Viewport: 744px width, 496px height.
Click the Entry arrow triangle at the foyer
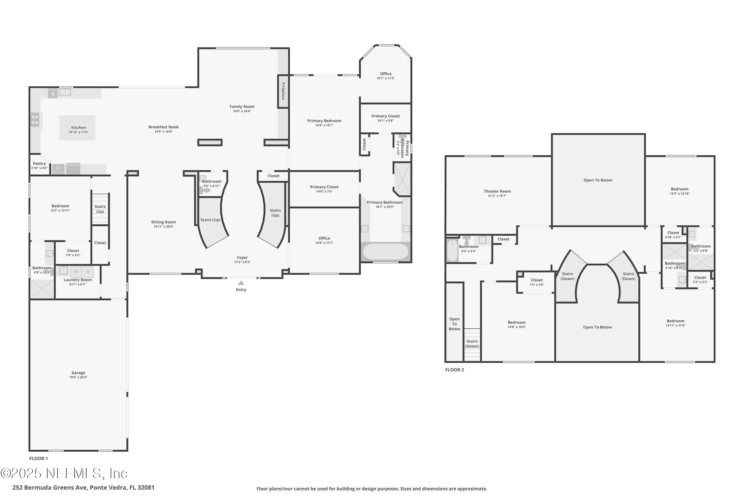241,283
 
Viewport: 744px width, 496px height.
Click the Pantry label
39,163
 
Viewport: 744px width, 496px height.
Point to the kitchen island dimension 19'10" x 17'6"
78,132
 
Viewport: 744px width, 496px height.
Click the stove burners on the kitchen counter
35,120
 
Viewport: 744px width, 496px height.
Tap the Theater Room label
497,191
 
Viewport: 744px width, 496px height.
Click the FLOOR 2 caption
454,370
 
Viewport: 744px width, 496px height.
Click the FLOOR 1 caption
38,458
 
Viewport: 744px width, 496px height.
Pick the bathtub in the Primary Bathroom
385,252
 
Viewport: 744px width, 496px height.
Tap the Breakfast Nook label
163,127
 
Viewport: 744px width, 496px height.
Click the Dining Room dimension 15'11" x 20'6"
163,226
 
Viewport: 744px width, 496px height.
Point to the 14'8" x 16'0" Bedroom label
517,322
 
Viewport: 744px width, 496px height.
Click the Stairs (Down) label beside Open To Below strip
472,343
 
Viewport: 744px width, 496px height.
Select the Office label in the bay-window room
386,74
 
